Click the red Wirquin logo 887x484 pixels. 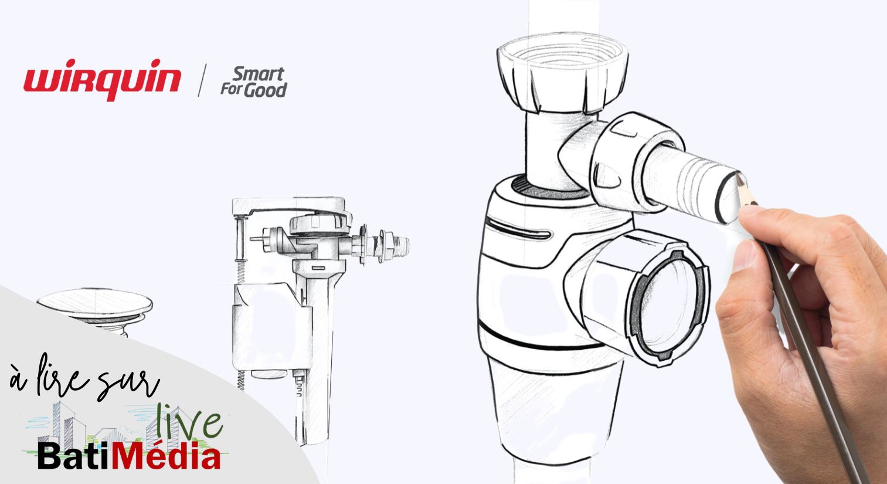102,79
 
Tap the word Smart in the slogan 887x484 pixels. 259,74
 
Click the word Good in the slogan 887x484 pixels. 266,90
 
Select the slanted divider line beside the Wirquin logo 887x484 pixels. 202,80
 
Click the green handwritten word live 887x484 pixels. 189,422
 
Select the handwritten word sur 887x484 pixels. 127,383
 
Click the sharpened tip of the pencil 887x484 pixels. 738,175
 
